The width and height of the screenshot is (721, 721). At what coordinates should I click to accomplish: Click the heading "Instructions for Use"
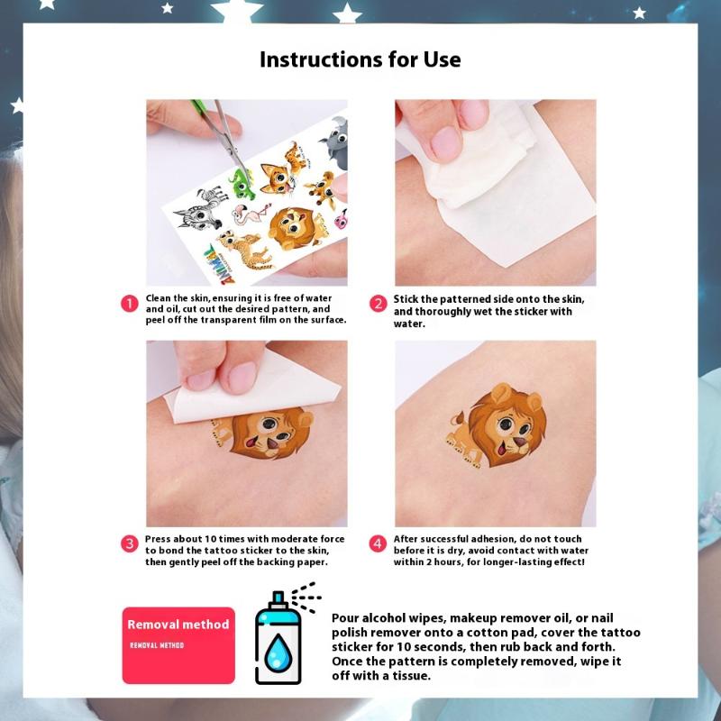point(360,59)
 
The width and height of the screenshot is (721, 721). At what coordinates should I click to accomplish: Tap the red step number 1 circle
point(130,304)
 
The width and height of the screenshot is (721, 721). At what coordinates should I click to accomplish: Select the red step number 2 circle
point(378,304)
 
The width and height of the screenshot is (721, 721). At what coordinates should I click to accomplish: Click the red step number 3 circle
point(130,543)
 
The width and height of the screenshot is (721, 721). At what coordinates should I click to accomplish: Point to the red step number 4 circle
point(378,543)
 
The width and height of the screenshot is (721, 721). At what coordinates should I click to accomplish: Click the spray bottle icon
point(284,634)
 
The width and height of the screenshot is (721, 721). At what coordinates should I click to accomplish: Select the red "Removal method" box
point(178,645)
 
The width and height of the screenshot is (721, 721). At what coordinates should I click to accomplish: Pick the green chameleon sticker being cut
point(242,183)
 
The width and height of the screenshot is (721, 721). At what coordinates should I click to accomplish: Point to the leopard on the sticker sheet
point(244,250)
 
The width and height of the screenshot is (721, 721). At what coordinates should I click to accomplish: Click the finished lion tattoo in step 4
point(497,425)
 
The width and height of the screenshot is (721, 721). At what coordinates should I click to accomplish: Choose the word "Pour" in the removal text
point(345,618)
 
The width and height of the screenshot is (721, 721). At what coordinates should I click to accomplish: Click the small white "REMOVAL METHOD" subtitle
point(157,645)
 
